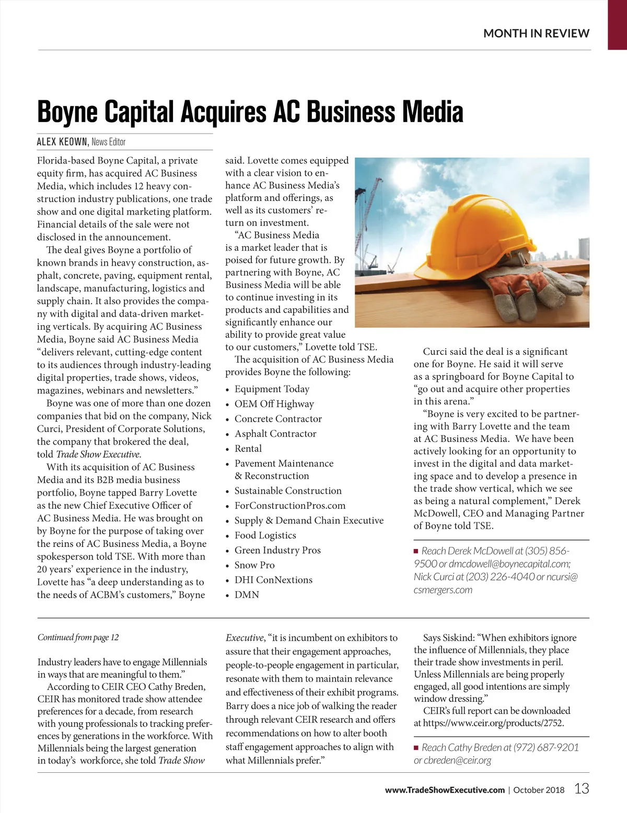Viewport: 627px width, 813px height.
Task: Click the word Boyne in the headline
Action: point(68,112)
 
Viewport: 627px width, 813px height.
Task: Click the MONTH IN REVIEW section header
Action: point(536,33)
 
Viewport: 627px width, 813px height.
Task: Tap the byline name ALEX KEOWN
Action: point(62,142)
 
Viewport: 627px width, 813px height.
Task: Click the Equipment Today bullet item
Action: point(272,389)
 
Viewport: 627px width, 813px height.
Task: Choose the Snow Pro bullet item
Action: point(254,565)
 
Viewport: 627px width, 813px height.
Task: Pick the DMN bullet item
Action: point(247,595)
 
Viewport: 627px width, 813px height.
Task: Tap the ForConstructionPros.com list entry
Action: point(290,506)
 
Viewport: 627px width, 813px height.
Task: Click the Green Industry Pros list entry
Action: point(277,551)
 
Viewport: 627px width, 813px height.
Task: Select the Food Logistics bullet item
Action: point(265,535)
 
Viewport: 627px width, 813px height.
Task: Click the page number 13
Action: point(582,788)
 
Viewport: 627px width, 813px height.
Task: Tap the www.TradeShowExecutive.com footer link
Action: point(445,790)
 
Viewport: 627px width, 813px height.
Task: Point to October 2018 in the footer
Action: point(539,790)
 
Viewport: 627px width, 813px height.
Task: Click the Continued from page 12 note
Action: point(78,638)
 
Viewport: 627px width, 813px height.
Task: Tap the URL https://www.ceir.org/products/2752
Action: point(493,723)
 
